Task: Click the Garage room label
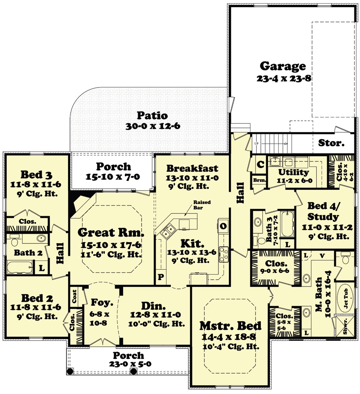[283, 66]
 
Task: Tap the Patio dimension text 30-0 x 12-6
[152, 126]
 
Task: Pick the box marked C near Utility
[259, 163]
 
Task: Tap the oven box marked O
[222, 226]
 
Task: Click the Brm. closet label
[256, 180]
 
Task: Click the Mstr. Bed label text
[230, 326]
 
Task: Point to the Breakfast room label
[192, 168]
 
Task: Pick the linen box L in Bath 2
[42, 268]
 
